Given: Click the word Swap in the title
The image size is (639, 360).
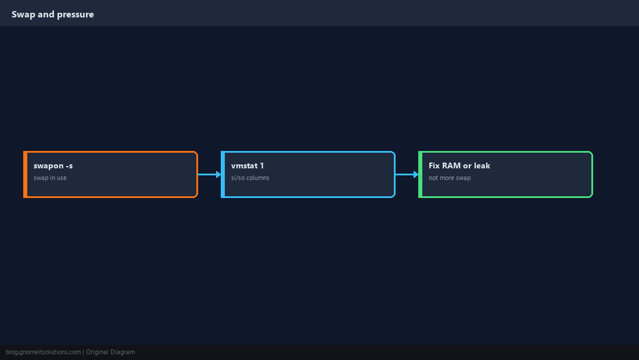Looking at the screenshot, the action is point(23,15).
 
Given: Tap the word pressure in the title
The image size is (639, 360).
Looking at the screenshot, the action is point(76,15).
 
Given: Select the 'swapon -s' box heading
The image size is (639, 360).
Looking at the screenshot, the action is point(53,165).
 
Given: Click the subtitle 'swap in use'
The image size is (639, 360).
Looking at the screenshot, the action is point(50,178).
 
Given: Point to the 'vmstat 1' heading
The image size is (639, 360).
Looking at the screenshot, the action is point(247,165).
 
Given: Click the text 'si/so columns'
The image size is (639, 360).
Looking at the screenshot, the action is point(250,178).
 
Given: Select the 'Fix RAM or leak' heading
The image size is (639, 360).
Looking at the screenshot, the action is point(459,165).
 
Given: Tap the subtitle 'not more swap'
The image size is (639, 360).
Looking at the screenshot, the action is point(450,178).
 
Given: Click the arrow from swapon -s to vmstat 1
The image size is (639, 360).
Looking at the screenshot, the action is point(210,174).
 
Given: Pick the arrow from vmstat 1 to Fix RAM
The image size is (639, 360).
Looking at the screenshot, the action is point(407,174).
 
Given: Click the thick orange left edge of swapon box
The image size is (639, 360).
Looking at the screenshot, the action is point(25,174).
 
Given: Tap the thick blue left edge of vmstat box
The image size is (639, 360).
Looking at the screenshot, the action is point(223,174).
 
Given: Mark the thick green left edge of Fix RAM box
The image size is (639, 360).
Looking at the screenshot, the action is point(420,174).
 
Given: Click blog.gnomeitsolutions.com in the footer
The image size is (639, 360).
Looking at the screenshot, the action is point(43,352).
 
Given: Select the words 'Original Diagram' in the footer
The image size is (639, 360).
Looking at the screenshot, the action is point(110,352).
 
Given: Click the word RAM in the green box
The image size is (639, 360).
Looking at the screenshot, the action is point(451,165).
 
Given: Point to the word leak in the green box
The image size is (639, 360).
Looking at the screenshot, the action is point(482,165).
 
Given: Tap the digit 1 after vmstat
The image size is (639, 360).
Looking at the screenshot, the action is point(261,165).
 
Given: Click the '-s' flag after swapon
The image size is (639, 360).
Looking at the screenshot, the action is point(69,166).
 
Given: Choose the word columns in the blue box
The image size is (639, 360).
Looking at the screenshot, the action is point(258,178).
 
